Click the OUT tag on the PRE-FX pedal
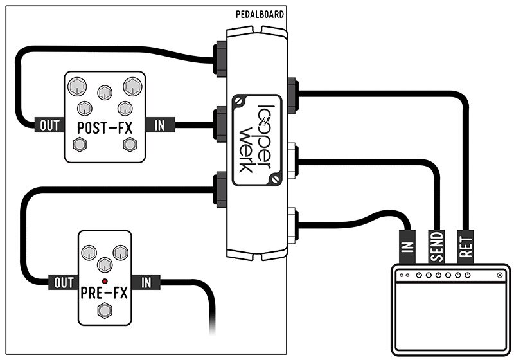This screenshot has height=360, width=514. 62,282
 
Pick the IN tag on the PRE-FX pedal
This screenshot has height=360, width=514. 146,282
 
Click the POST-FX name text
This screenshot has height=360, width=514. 104,126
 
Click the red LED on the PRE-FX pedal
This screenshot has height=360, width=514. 104,281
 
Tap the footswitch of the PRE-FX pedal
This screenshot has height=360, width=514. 104,312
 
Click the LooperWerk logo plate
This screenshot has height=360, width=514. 256,139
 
